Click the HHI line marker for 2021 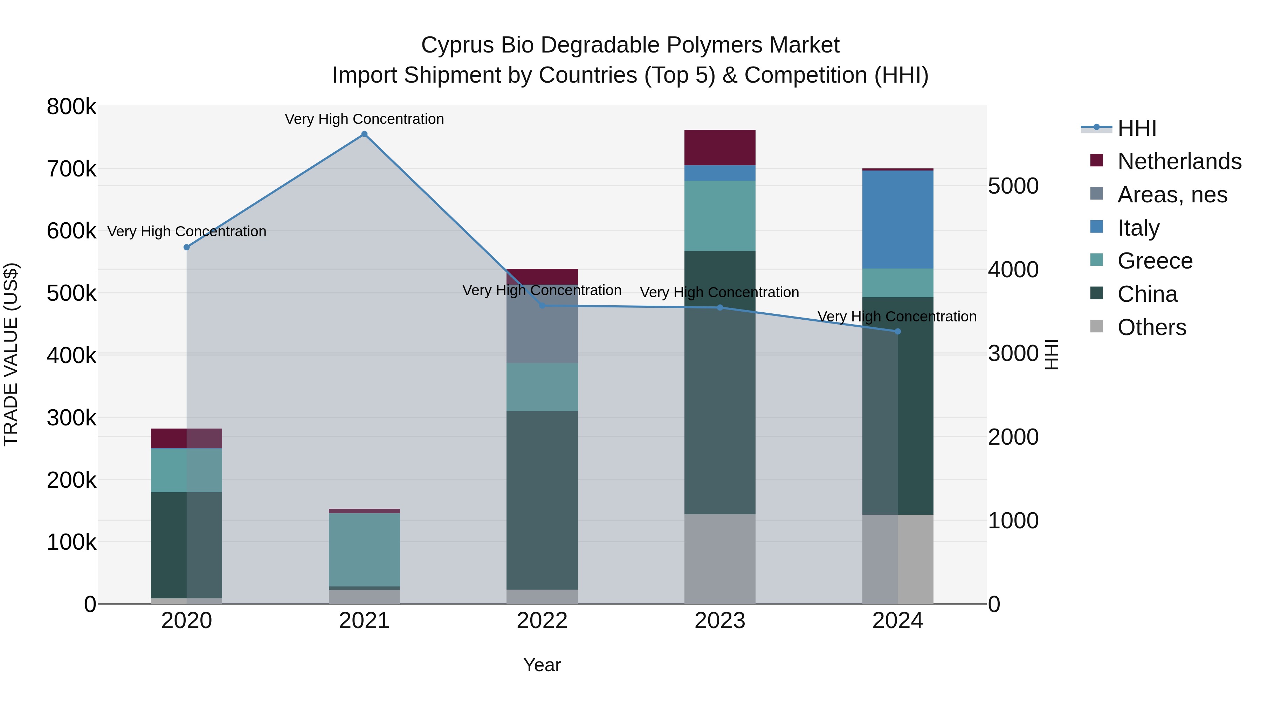coord(364,134)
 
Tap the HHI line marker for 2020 coord(186,247)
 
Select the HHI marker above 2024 coord(898,331)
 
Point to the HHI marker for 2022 coord(542,306)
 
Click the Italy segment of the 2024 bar coord(898,219)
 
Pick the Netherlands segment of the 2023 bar coord(719,147)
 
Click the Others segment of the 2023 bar coord(719,559)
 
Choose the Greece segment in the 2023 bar coord(719,216)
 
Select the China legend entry coord(1147,294)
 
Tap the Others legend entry coord(1151,327)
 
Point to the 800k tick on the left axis coord(71,107)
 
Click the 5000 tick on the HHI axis coord(1013,186)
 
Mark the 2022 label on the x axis coord(542,621)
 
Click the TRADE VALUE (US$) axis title coord(11,354)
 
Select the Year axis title coord(542,665)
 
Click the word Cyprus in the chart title coord(457,45)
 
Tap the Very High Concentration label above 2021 coord(364,119)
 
